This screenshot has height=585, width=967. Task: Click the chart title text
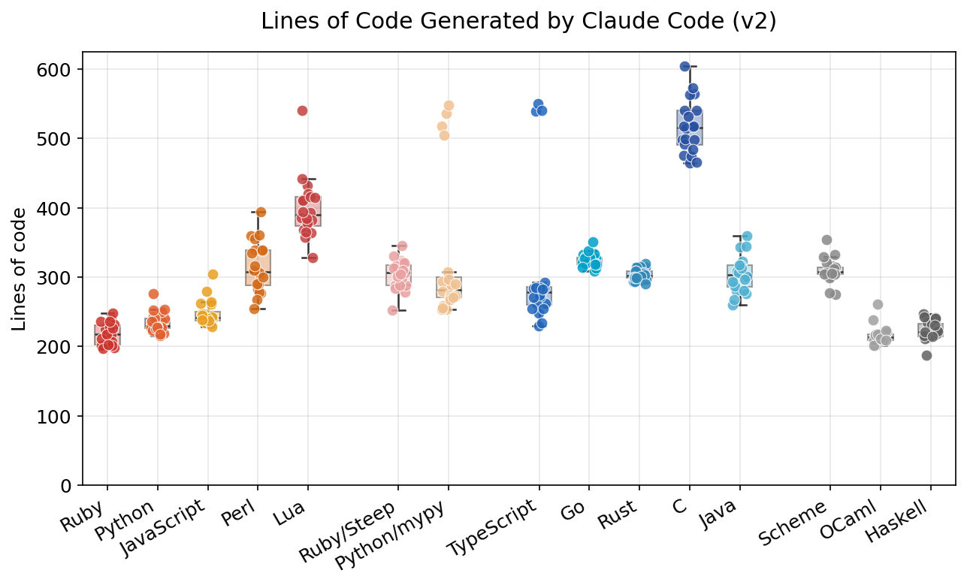[518, 22]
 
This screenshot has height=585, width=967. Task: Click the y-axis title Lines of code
[20, 269]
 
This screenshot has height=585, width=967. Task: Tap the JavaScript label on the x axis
[164, 529]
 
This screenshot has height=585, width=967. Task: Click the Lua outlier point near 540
[302, 110]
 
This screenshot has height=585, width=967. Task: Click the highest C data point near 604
[684, 66]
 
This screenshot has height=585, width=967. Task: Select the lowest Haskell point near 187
[926, 355]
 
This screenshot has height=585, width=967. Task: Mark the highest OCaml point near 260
[878, 304]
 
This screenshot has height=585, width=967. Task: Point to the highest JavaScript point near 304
[213, 274]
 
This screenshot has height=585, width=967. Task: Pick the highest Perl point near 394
[261, 212]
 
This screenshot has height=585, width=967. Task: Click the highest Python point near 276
[153, 294]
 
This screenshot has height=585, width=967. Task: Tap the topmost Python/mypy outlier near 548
[449, 105]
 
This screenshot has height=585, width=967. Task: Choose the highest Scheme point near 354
[826, 240]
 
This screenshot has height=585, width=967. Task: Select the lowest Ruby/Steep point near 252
[392, 310]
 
